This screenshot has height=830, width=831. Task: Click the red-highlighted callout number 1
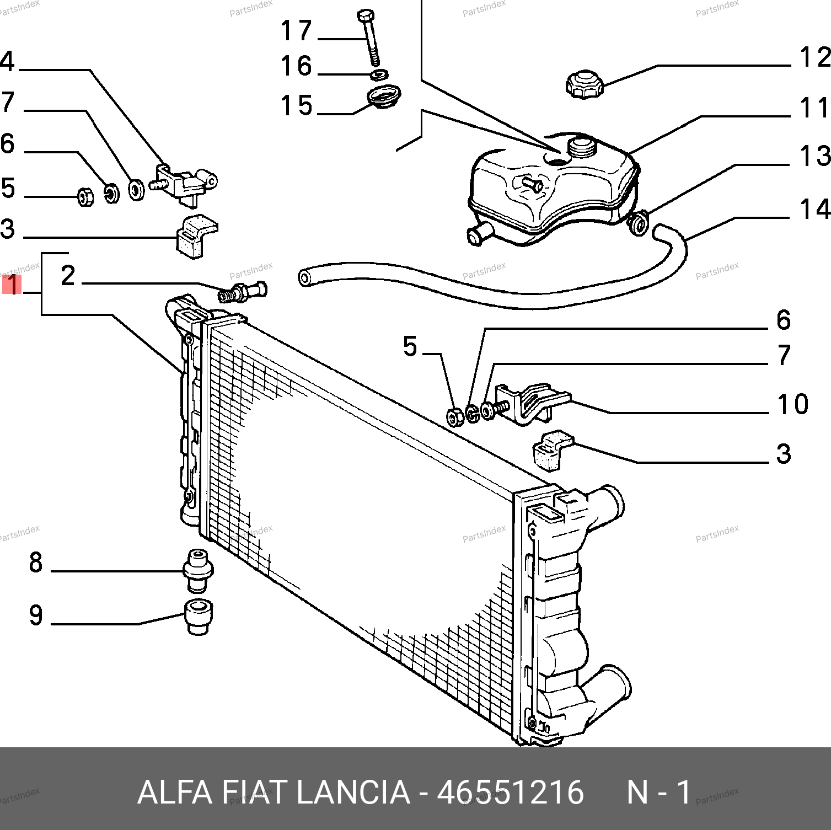click(12, 285)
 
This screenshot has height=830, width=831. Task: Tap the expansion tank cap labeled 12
click(584, 84)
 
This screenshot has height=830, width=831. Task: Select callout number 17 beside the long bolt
click(296, 31)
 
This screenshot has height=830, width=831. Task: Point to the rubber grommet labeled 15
click(383, 97)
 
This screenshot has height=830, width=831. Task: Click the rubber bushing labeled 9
click(197, 617)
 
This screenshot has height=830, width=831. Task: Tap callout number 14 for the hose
click(815, 210)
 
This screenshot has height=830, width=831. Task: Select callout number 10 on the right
click(792, 404)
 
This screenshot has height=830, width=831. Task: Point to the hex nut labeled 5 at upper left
click(85, 196)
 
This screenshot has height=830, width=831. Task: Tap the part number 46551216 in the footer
click(510, 792)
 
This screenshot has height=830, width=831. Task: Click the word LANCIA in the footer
click(353, 792)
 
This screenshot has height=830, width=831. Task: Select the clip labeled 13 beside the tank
click(639, 223)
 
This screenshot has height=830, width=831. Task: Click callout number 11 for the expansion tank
click(814, 108)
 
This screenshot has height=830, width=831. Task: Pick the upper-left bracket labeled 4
click(185, 183)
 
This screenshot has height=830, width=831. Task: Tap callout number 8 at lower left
click(36, 563)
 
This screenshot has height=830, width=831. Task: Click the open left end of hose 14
click(304, 277)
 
